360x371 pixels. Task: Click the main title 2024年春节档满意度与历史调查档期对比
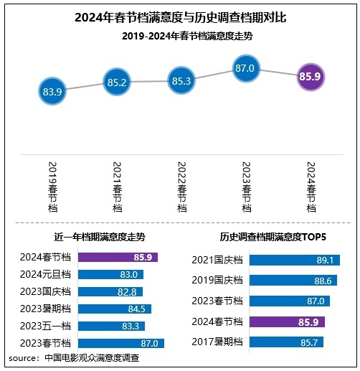(x=180, y=16)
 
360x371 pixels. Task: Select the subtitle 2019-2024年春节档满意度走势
(x=180, y=34)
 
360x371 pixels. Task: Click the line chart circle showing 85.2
(x=116, y=83)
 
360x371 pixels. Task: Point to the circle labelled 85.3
(x=181, y=81)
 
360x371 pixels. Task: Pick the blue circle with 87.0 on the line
(x=245, y=68)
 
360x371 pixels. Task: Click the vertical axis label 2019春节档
(x=52, y=186)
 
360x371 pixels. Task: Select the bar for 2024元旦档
(x=110, y=274)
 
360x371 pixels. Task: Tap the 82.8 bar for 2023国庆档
(x=110, y=291)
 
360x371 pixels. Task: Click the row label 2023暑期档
(x=46, y=309)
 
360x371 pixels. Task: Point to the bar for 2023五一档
(x=111, y=327)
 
